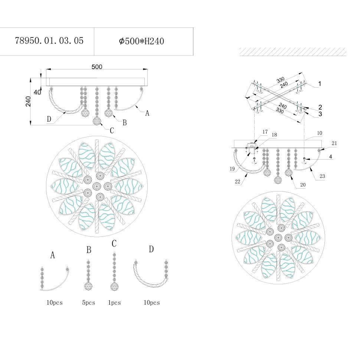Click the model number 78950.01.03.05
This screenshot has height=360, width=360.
pos(49,41)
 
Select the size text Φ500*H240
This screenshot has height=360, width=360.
pos(141,41)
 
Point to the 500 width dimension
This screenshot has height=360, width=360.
pos(97,67)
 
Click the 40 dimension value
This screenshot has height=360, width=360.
pos(37,92)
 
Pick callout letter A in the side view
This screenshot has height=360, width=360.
pos(147,114)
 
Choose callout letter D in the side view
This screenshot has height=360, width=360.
pos(49,119)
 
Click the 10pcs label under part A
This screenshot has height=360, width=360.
pos(55,303)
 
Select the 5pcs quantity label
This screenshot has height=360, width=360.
pos(89,303)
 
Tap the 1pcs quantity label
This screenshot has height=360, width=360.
pos(114,303)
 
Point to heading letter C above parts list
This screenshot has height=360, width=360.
pos(114,244)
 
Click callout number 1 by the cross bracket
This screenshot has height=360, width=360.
pos(320,84)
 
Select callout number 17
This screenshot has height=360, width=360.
pos(265,132)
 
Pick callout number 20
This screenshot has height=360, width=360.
pos(303,184)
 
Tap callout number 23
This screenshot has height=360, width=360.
pos(322,176)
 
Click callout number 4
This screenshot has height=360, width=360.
pos(330,157)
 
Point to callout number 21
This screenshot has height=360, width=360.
pos(334,143)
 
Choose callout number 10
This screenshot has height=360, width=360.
pos(320,133)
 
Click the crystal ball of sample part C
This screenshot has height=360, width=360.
pos(114,287)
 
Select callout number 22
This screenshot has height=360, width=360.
pos(237,181)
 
